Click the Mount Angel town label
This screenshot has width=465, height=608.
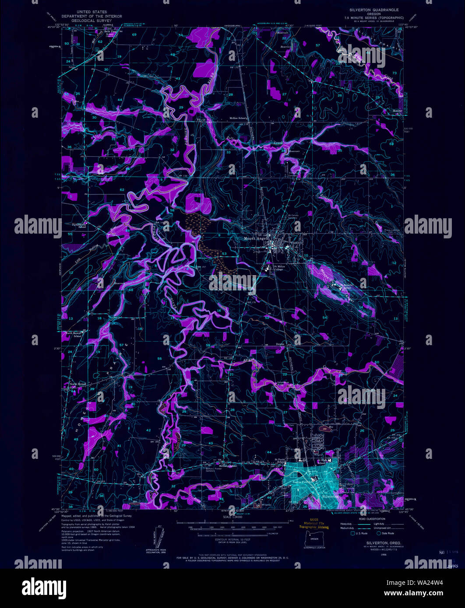[255, 239]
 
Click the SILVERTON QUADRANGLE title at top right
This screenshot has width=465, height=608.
[368, 9]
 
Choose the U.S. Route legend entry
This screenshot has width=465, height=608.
[360, 533]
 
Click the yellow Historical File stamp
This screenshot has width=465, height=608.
[314, 524]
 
